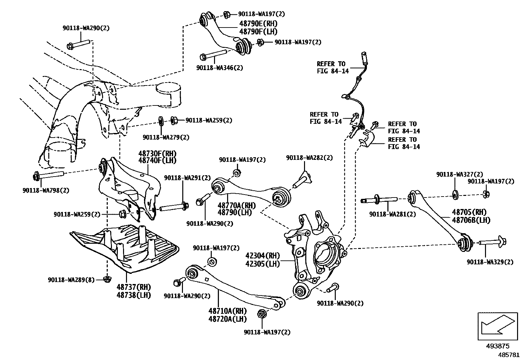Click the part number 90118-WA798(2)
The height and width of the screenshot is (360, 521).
[46, 190]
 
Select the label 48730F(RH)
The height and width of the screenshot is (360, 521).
[157, 153]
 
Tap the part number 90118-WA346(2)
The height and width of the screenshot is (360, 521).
[220, 68]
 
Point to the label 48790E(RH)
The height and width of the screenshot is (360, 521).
[258, 24]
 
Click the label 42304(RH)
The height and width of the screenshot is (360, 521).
[263, 256]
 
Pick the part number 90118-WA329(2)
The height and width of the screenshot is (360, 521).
[490, 262]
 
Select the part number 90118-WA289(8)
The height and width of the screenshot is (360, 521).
[71, 280]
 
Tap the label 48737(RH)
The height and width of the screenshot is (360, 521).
[134, 287]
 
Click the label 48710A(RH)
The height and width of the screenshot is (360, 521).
[227, 311]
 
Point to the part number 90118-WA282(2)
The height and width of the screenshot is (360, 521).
[309, 158]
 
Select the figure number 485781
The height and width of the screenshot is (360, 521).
[509, 354]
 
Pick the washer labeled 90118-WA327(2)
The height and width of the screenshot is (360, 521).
[455, 195]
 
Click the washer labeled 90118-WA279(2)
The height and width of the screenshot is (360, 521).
[161, 121]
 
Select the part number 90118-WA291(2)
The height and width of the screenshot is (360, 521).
[188, 178]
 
